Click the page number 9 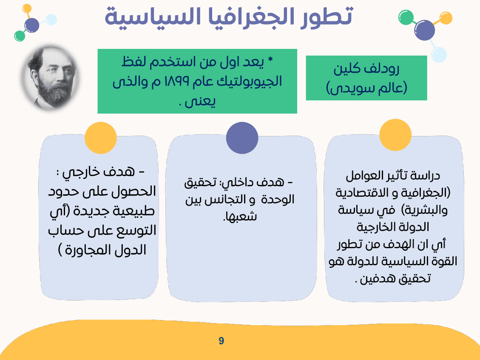221,341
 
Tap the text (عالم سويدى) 366,88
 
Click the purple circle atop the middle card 242,138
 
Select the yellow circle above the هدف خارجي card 101,138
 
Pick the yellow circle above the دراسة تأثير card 395,135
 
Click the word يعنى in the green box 204,102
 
